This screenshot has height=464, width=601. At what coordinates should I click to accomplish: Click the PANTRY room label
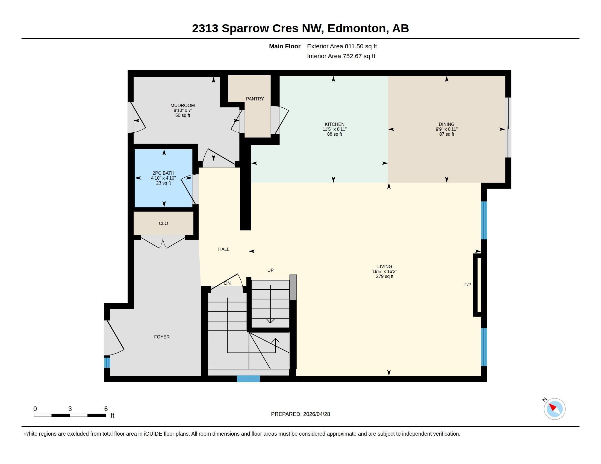[x=255, y=99]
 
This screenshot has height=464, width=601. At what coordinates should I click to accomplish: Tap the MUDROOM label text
[x=182, y=106]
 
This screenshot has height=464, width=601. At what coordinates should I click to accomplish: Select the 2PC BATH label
[x=163, y=173]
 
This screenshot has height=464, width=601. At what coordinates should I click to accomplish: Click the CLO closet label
[x=163, y=224]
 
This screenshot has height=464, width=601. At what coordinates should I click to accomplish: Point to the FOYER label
[x=162, y=337]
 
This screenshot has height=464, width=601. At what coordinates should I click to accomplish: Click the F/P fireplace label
[x=468, y=285]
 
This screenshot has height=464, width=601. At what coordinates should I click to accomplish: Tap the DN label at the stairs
[x=227, y=283]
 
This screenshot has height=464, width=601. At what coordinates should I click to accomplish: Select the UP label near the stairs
[x=270, y=270]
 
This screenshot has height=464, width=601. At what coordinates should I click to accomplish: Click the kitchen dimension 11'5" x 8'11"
[x=335, y=129]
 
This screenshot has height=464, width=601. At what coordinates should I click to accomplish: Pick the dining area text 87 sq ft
[x=447, y=134]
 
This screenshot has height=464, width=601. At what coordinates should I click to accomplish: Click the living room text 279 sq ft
[x=385, y=276]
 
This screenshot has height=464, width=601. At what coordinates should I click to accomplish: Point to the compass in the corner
[x=554, y=409]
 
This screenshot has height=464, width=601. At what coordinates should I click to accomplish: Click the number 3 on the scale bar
[x=70, y=409]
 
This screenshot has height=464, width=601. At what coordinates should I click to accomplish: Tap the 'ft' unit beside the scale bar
[x=113, y=415]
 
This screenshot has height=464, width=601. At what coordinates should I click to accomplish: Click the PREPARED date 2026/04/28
[x=316, y=414]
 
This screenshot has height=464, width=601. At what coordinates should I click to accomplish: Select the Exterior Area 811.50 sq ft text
[x=342, y=46]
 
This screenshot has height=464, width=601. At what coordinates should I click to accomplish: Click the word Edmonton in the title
[x=357, y=28]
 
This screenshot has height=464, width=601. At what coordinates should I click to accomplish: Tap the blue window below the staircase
[x=249, y=379]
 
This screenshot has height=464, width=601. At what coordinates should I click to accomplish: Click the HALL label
[x=224, y=249]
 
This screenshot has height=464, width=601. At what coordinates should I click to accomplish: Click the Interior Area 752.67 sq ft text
[x=341, y=56]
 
